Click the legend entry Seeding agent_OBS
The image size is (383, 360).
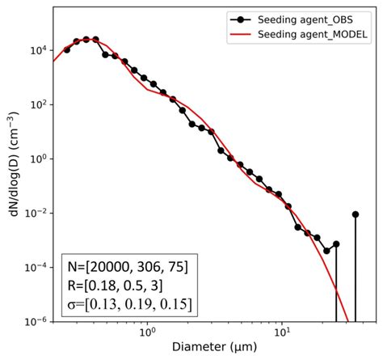311,20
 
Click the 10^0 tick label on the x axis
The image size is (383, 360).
147,332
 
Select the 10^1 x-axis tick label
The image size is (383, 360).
282,332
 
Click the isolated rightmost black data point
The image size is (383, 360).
356,214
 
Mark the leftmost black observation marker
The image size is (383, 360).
67,50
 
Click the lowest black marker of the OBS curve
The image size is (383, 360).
326,250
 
